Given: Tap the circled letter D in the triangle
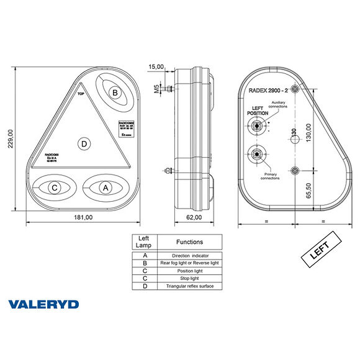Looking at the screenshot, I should tap(84, 144).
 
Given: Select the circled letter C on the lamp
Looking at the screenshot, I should tap(55, 187).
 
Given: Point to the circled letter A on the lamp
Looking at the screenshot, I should tap(105, 186).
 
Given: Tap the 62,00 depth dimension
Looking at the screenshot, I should tap(194, 217).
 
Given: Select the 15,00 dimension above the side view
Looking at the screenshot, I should tap(156, 66).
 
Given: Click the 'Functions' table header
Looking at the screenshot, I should tap(189, 242).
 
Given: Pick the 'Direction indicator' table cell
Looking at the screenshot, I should tap(189, 255).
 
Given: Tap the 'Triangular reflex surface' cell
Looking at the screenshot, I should tap(189, 286).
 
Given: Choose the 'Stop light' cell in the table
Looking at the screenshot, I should tap(189, 278).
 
